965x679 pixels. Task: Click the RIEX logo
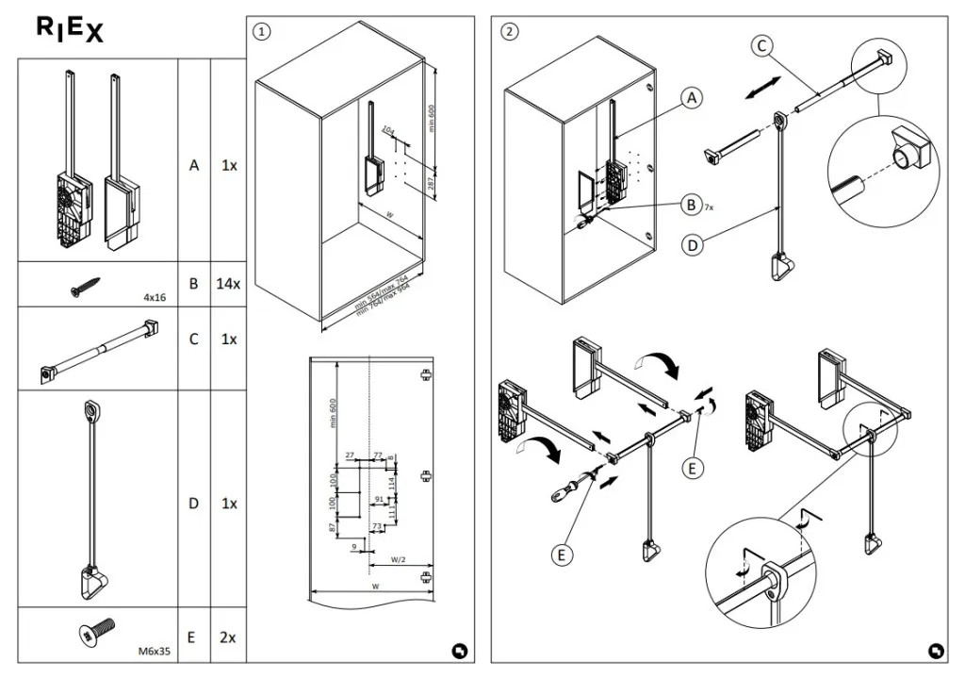pos(70,30)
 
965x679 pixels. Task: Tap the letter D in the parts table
pos(193,504)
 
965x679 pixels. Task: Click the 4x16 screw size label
pos(155,297)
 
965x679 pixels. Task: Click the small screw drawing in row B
pos(85,286)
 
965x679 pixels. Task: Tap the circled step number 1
pos(262,31)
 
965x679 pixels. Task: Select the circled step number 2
pos(510,31)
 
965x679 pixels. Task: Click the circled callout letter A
pos(693,98)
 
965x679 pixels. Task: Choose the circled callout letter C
pos(762,45)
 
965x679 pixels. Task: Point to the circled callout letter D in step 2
pos(693,245)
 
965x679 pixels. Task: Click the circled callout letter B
pos(693,204)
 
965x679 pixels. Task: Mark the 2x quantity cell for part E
pos(227,638)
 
